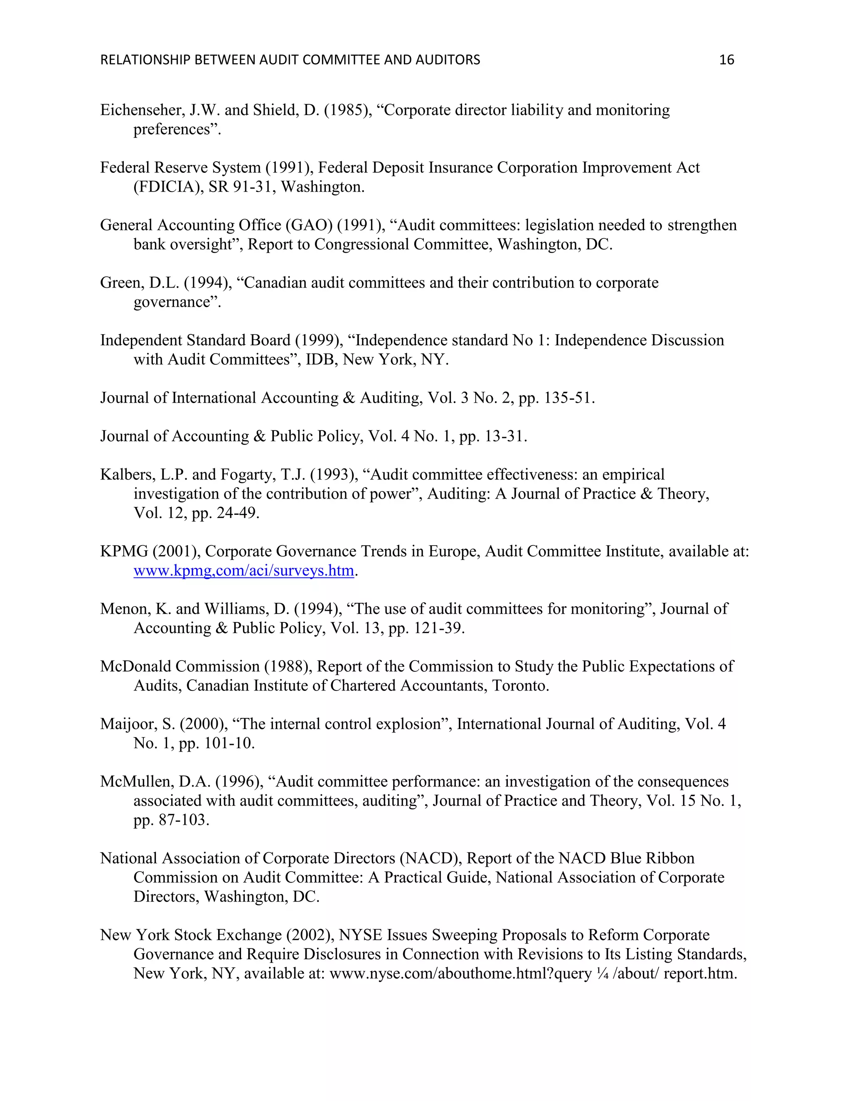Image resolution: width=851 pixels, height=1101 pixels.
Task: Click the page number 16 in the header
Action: click(x=726, y=60)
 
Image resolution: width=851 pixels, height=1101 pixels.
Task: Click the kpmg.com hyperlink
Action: click(x=243, y=571)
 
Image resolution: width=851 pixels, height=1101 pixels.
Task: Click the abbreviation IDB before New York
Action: click(x=321, y=359)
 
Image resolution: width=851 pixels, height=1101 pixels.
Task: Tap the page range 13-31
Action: click(x=503, y=436)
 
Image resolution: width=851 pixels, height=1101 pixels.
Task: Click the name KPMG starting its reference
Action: click(x=124, y=551)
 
